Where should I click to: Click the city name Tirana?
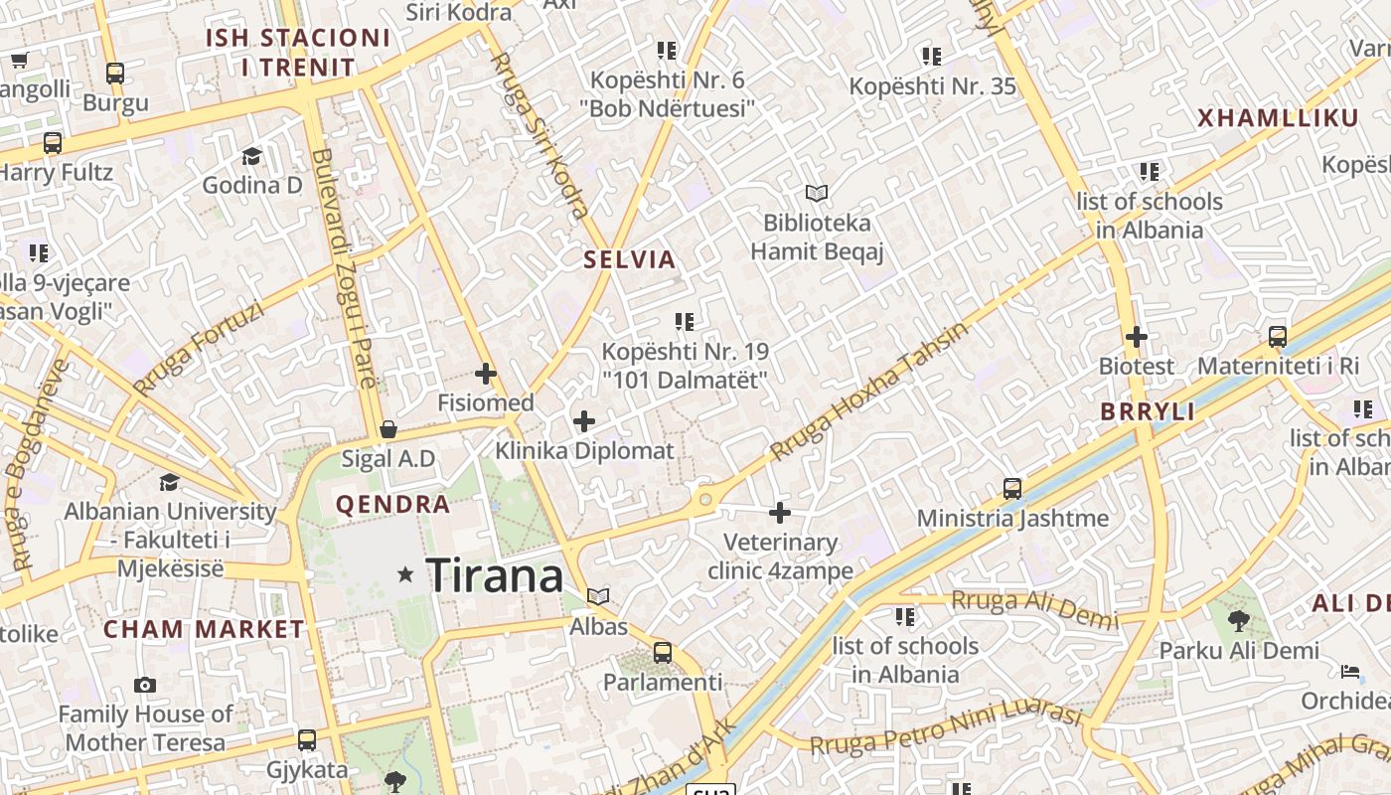[x=494, y=575]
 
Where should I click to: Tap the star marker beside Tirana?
[x=405, y=574]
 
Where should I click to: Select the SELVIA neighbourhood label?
[x=629, y=260]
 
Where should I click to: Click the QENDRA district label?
[x=393, y=504]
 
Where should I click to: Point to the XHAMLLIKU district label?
[x=1278, y=118]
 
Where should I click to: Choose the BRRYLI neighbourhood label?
[x=1148, y=411]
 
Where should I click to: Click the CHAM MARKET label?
[x=204, y=629]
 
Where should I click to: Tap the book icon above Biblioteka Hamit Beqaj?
[x=817, y=193]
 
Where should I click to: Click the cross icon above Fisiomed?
[x=486, y=374]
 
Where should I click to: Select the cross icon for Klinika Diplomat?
[x=584, y=421]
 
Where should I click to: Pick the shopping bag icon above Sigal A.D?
[x=388, y=429]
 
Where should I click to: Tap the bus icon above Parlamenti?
[x=662, y=653]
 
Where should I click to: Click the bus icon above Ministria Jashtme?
[x=1012, y=488]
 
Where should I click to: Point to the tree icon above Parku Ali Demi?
[x=1238, y=621]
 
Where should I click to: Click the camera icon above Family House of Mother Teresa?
[x=145, y=685]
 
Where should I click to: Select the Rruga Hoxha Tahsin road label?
[x=868, y=392]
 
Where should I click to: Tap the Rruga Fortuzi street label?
[x=199, y=347]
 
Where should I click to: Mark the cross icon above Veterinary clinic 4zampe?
[x=780, y=513]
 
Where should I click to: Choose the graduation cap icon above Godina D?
[x=251, y=156]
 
